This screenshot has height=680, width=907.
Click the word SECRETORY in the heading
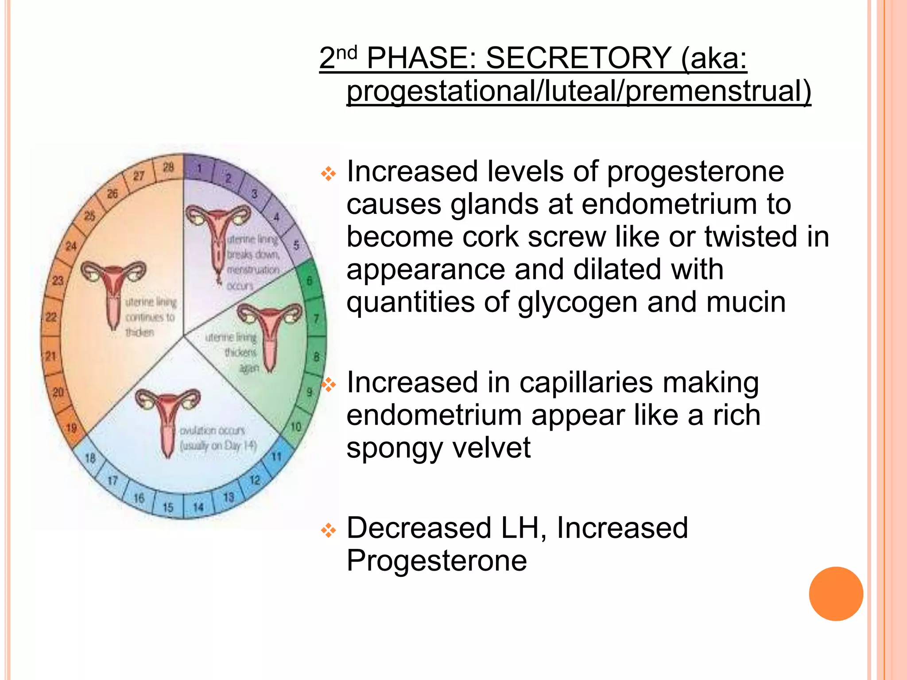pos(578,58)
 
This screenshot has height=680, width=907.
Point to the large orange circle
pos(836,594)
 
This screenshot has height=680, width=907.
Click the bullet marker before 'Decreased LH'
pos(329,530)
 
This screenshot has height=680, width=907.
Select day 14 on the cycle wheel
pos(198,506)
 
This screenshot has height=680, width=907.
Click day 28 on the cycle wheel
pos(168,167)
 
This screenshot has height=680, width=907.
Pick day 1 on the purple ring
pos(199,168)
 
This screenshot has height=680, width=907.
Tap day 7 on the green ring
pos(316,318)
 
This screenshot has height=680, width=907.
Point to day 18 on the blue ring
pos(90,458)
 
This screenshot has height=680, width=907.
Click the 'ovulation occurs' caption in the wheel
pos(212,431)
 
